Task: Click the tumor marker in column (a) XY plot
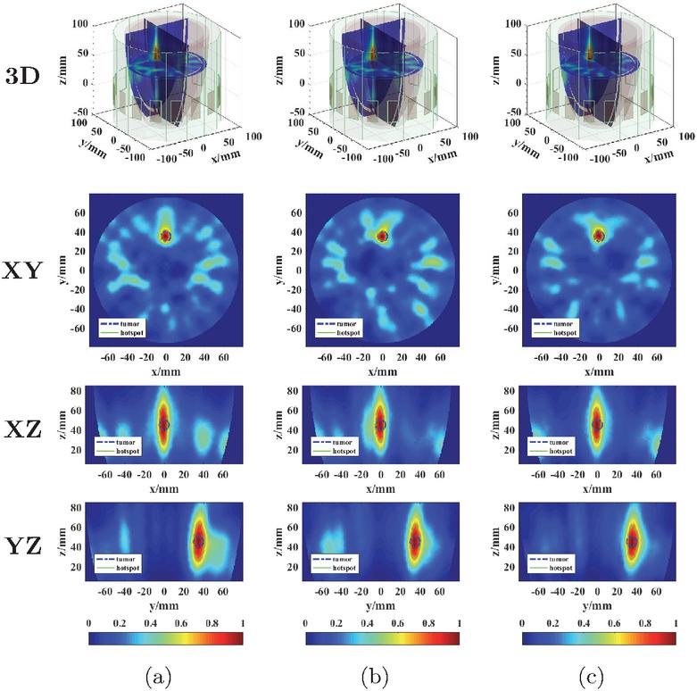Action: coord(165,236)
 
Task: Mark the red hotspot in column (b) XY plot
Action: coord(382,236)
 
